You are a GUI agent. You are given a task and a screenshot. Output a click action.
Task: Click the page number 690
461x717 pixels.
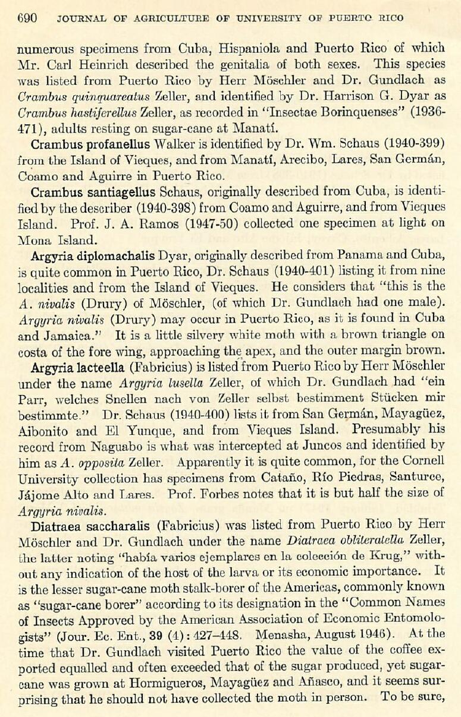(x=27, y=18)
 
